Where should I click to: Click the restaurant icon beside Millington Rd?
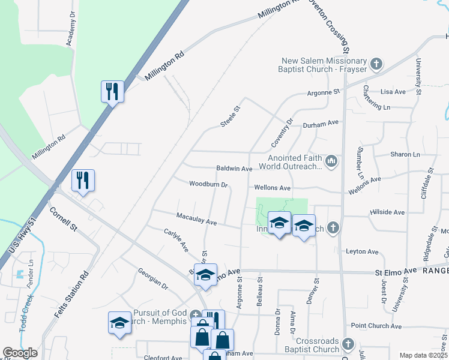[x=112, y=92]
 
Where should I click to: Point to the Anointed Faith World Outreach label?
[x=291, y=162]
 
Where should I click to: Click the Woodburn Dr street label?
[x=209, y=184]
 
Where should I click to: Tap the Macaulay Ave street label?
[x=196, y=218]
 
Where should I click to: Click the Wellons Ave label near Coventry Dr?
[x=272, y=188]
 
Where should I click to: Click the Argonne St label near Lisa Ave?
[x=324, y=92]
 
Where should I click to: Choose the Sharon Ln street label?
[x=405, y=154]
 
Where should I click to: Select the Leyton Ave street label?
[x=362, y=251]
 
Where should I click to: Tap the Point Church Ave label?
[x=376, y=325]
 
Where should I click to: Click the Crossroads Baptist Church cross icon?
[x=349, y=344]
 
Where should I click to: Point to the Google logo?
[x=20, y=353]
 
